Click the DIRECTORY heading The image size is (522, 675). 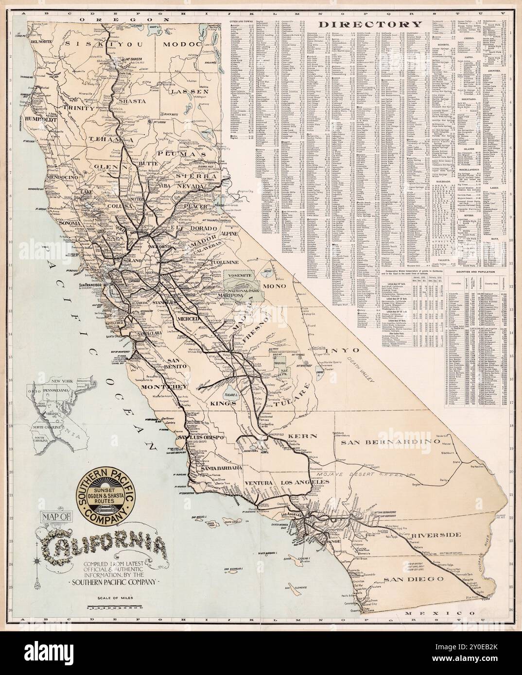pyautogui.click(x=369, y=25)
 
